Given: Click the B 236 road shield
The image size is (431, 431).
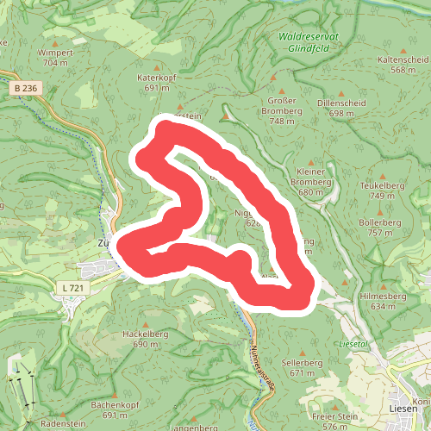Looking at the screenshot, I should pos(25,88).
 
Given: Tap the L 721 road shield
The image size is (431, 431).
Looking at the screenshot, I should pos(73,286).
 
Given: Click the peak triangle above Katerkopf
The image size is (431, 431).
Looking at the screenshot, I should pos(156,66).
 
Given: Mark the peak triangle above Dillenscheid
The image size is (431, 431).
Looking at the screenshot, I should pos(341,93).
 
